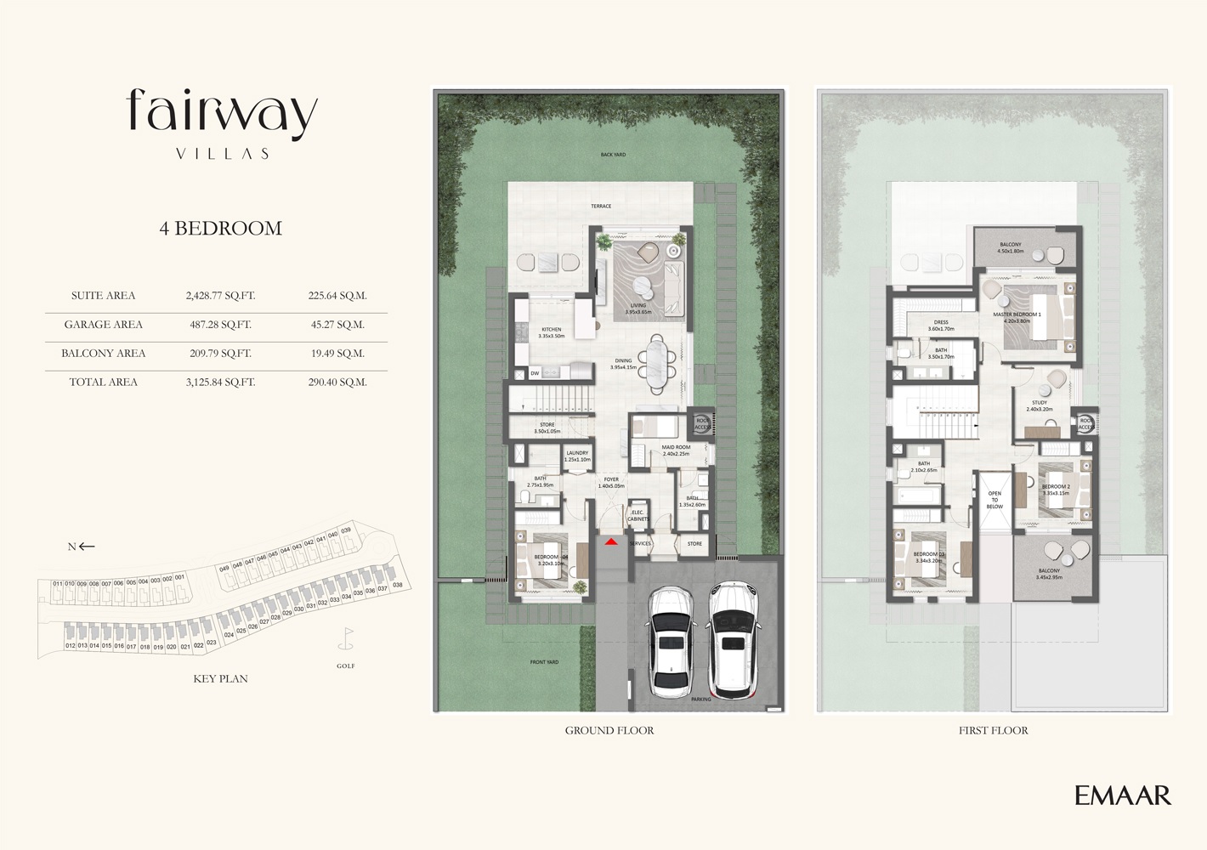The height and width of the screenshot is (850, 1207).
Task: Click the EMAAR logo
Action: [x=1122, y=796]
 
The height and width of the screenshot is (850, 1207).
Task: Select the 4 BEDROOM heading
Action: [x=221, y=228]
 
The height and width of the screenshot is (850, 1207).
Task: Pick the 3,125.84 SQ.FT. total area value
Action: [x=220, y=382]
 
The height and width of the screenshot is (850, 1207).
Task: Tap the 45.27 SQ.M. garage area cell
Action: [x=337, y=325]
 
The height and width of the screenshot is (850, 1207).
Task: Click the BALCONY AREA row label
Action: [x=103, y=354]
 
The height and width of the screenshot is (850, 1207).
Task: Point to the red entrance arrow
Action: [x=611, y=541]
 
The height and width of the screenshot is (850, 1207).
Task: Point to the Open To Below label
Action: [x=994, y=500]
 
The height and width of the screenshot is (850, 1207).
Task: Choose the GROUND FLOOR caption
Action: [x=609, y=730]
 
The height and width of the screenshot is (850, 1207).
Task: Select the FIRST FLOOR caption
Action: [x=993, y=730]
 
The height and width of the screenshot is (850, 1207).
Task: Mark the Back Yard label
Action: [x=612, y=155]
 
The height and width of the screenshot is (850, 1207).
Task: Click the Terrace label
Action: [x=601, y=207]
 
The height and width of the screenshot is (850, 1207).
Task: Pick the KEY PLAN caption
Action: [x=220, y=679]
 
